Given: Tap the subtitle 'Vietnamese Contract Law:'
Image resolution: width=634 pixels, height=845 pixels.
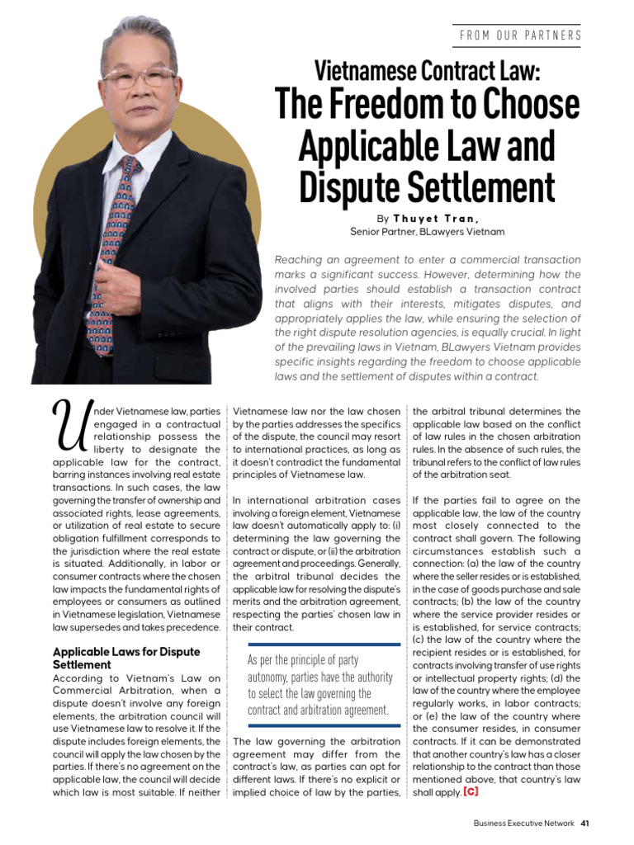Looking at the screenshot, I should coord(427,72).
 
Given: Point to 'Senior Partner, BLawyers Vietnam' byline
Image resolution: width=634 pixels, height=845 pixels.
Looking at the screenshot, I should coord(427,232).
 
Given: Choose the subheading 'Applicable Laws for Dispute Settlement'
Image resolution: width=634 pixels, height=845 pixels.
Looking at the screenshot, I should coord(126,658).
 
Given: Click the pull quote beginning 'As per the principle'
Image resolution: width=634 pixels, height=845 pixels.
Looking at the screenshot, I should coord(318,685).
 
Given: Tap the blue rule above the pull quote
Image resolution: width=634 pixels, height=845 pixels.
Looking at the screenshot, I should coord(318,644).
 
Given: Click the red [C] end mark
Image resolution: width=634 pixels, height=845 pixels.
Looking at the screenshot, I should coord(471,792).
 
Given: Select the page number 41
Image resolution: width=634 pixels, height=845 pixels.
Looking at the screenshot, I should coord(584,823).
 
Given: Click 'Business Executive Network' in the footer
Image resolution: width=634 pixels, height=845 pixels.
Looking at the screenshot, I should coord(524,823).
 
